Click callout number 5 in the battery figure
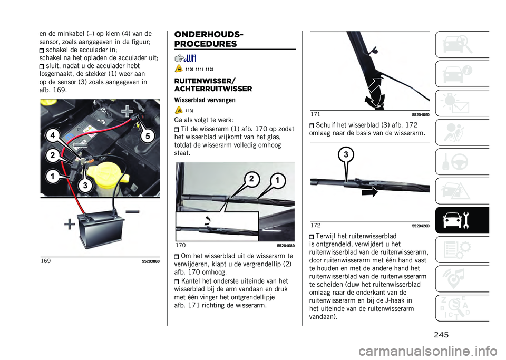(148, 136)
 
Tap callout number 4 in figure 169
(53, 136)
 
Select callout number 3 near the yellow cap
(85, 185)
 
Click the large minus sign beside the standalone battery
(132, 211)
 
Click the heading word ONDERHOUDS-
(209, 34)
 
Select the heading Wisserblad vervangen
(205, 100)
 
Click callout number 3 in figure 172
(346, 155)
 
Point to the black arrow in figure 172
(370, 192)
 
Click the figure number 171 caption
(315, 114)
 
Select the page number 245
(441, 335)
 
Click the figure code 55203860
(151, 261)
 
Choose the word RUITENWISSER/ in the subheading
(205, 81)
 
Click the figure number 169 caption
(45, 261)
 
